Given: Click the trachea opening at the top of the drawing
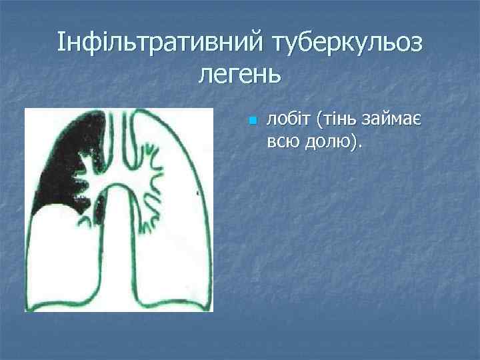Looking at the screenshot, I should pos(120,117).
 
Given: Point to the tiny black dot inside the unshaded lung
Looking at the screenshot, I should pos(197,192).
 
